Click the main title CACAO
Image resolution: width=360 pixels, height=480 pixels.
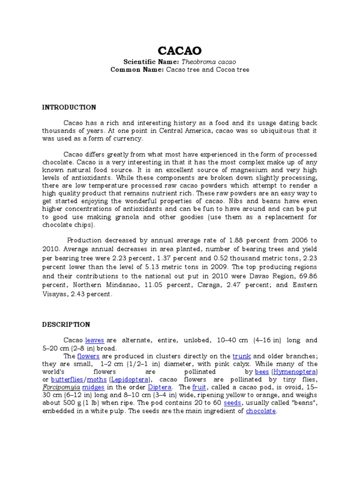click(179, 50)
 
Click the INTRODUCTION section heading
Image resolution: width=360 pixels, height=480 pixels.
click(69, 107)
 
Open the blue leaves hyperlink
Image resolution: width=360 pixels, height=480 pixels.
click(95, 340)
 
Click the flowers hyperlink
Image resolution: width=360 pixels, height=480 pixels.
click(92, 356)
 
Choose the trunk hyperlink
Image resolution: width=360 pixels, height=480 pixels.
click(242, 356)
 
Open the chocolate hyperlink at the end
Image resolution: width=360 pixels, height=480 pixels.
click(262, 411)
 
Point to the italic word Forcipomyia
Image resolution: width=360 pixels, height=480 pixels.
click(60, 387)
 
